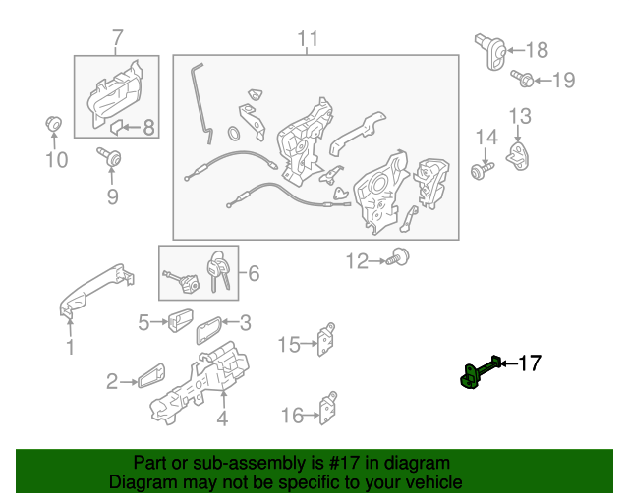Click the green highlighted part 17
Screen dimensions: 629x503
click(x=480, y=371)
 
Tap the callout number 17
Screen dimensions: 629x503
click(x=531, y=363)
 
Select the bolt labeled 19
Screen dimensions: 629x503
click(x=522, y=79)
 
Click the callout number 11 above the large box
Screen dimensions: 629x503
click(x=308, y=39)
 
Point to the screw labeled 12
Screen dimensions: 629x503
click(x=397, y=257)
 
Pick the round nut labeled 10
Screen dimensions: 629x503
click(x=53, y=123)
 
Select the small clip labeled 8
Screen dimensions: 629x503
click(x=116, y=127)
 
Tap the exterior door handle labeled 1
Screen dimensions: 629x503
click(x=95, y=290)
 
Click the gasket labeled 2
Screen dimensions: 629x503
click(x=151, y=376)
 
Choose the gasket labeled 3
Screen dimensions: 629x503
click(x=208, y=330)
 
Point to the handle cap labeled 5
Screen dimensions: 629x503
click(x=180, y=320)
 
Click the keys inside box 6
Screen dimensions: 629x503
click(x=218, y=271)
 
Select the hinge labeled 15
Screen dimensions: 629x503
click(x=326, y=340)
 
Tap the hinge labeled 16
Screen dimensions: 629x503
click(x=328, y=408)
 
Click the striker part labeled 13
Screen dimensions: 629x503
click(x=519, y=156)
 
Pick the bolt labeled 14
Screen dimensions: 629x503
click(x=482, y=171)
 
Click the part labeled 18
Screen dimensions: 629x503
click(x=489, y=51)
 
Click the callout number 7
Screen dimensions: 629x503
click(x=117, y=38)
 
